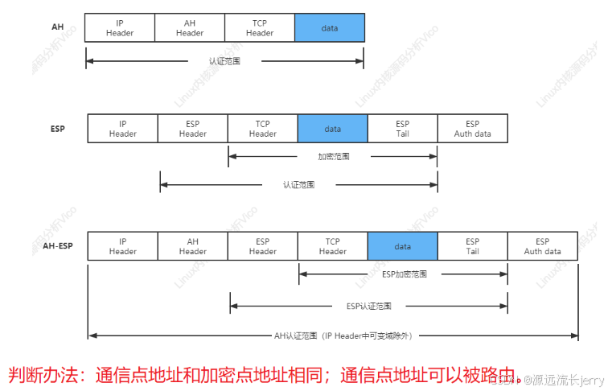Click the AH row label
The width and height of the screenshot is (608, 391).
click(x=57, y=27)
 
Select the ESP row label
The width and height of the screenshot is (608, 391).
click(x=57, y=129)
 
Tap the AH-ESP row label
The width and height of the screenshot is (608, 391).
click(x=57, y=246)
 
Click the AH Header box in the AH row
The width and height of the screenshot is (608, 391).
click(x=190, y=28)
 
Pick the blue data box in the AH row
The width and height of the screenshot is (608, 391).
click(x=330, y=28)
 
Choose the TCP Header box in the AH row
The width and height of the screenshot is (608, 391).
click(x=260, y=28)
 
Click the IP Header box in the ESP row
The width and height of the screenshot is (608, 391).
click(x=123, y=129)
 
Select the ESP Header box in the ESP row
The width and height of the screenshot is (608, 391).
click(x=193, y=129)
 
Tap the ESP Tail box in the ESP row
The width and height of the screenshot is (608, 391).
click(x=402, y=129)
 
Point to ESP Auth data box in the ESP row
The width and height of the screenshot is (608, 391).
click(x=472, y=129)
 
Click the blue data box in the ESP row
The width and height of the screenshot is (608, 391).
click(x=332, y=129)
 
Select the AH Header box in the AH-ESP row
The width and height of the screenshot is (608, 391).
click(x=193, y=246)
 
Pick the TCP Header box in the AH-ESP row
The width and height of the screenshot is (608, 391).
click(x=332, y=246)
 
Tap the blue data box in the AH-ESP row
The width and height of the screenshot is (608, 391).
click(x=402, y=246)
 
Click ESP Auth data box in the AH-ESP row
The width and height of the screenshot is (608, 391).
click(x=542, y=246)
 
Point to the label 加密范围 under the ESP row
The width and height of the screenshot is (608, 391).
click(x=333, y=156)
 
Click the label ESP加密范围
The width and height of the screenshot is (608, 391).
click(x=403, y=274)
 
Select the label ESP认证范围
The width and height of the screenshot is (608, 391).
click(x=369, y=307)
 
